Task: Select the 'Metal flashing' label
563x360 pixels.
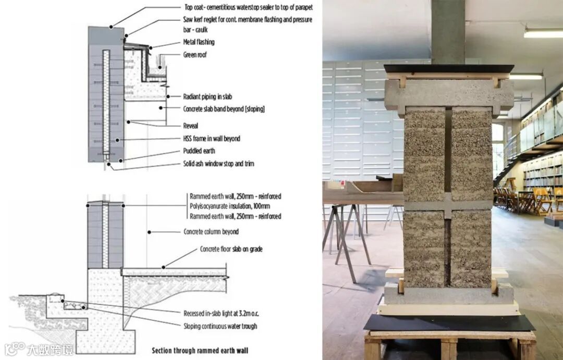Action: [x=199, y=42]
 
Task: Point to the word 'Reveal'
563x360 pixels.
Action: [x=191, y=126]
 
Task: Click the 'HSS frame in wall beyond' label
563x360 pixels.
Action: [x=212, y=139]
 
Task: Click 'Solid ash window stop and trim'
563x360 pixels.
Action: [x=218, y=164]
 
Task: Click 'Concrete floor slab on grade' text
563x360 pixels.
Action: [x=231, y=250]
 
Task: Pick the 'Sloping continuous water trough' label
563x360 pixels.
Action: [x=220, y=326]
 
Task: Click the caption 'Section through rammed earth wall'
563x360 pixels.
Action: [x=200, y=350]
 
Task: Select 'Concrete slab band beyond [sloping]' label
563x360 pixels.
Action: [x=224, y=109]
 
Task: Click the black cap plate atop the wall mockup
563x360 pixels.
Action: [x=449, y=68]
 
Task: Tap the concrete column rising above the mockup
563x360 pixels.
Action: [x=448, y=31]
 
